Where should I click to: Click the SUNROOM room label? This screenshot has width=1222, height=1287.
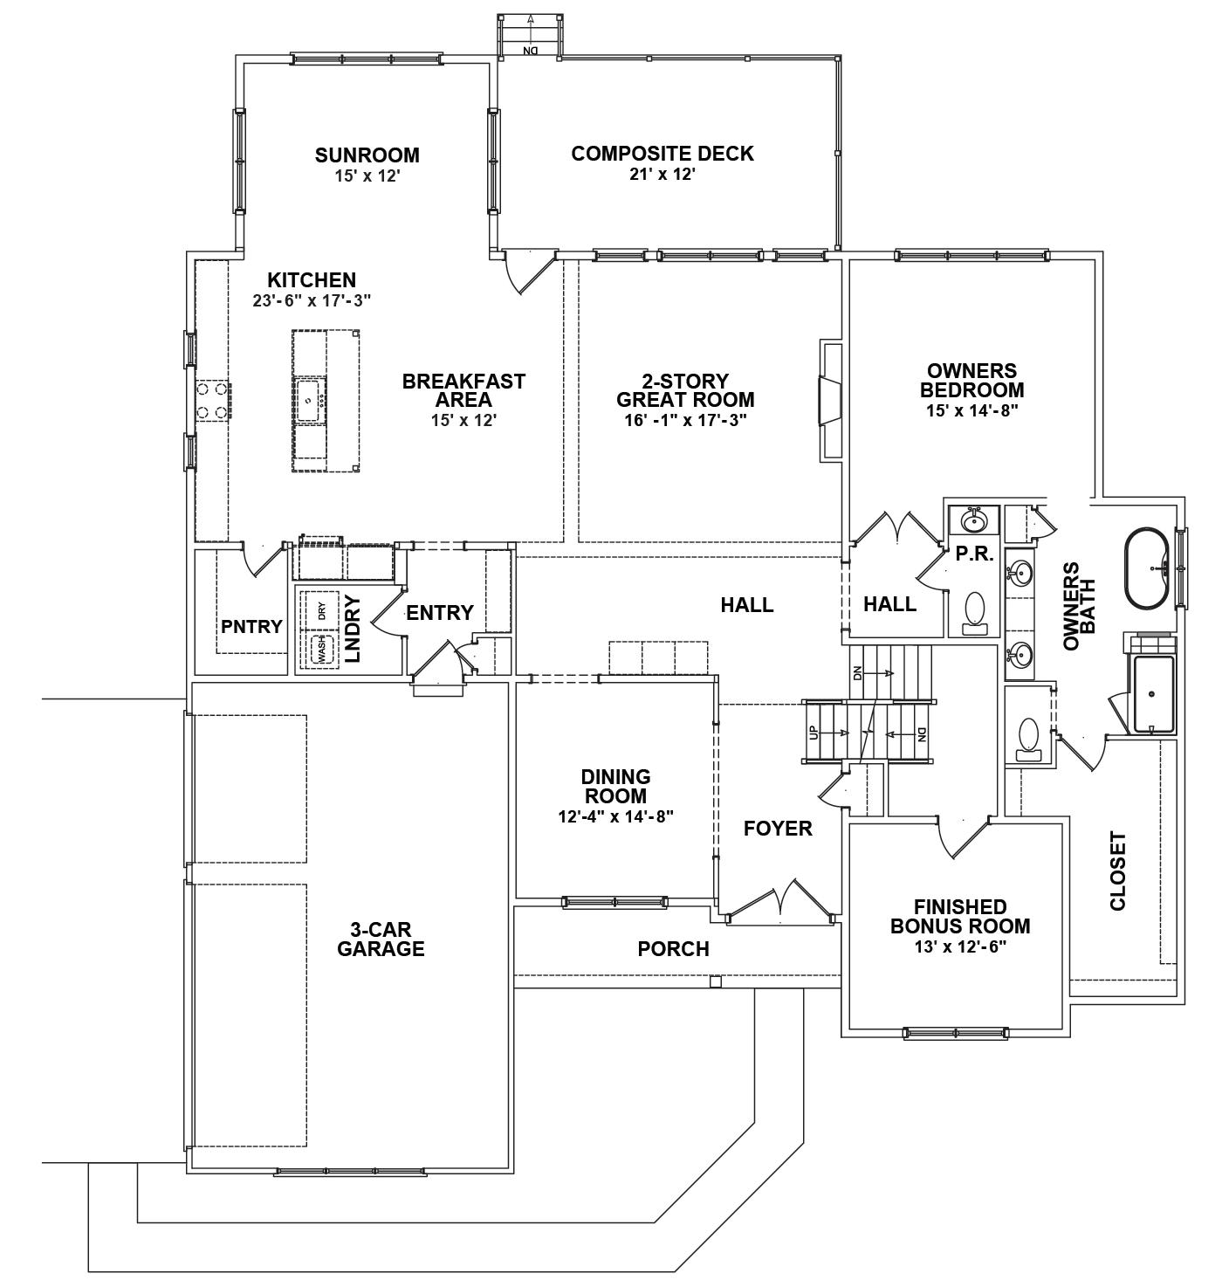click(367, 155)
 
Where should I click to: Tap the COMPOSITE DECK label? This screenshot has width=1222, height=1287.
click(662, 154)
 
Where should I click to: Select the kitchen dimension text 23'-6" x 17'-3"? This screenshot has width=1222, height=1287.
click(312, 299)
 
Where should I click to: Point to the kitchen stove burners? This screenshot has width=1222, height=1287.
click(211, 401)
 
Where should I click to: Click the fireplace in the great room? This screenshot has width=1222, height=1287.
click(829, 401)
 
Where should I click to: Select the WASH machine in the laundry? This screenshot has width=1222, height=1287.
click(321, 649)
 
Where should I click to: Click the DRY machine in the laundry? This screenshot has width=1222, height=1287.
click(321, 610)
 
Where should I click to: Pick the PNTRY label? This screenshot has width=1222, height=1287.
click(251, 626)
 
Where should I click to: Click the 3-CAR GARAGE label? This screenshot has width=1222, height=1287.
click(381, 939)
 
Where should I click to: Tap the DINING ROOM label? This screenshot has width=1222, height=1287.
click(615, 786)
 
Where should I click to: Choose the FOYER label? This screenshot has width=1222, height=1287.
click(778, 828)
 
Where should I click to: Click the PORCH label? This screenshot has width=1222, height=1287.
click(673, 948)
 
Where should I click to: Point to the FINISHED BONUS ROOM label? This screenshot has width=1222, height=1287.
click(960, 916)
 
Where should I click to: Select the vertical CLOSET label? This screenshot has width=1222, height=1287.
click(1117, 871)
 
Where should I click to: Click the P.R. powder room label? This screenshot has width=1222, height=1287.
click(974, 553)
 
